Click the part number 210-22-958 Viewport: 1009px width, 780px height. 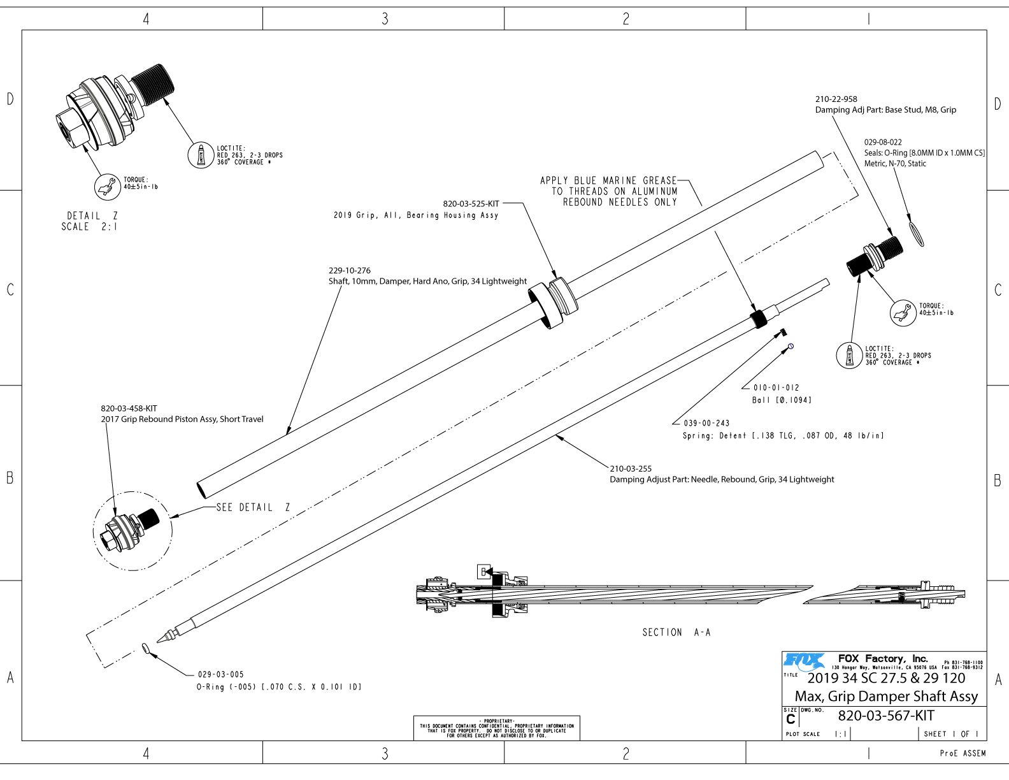click(836, 99)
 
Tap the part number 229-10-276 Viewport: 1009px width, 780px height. click(349, 271)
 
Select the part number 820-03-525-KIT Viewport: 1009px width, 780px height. click(471, 204)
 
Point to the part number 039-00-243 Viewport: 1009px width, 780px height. click(706, 423)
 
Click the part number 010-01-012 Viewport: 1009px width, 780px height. click(776, 387)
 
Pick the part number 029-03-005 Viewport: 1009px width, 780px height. click(220, 674)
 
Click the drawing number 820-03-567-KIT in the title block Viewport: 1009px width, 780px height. click(885, 716)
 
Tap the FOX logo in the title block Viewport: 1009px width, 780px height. click(804, 661)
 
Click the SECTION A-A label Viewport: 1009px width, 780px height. click(676, 632)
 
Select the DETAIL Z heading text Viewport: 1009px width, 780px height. click(92, 216)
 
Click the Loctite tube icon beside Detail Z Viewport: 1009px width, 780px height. click(201, 155)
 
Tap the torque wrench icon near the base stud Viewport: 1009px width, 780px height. click(903, 312)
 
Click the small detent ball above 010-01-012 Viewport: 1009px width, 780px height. click(791, 346)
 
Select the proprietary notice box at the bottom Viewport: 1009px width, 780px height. click(496, 728)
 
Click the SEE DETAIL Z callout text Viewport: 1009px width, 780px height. click(253, 507)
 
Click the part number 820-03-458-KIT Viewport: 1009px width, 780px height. click(129, 408)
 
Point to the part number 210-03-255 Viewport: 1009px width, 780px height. click(631, 468)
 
